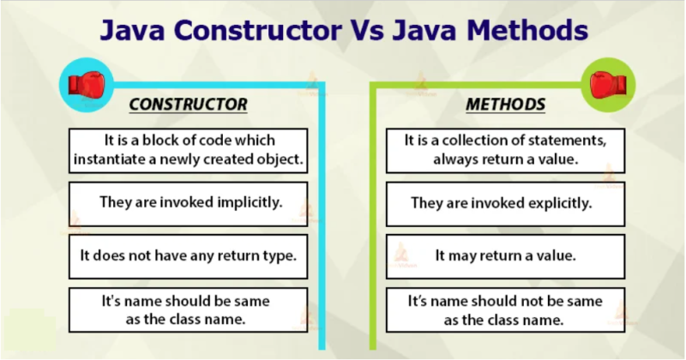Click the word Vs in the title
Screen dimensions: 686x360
click(367, 30)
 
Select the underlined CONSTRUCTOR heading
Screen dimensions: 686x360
click(188, 105)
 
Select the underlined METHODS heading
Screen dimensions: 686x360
click(505, 105)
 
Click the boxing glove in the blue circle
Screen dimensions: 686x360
click(87, 84)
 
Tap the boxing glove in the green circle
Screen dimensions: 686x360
click(608, 84)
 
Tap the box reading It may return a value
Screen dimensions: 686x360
click(505, 256)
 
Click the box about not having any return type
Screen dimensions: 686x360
click(188, 256)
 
